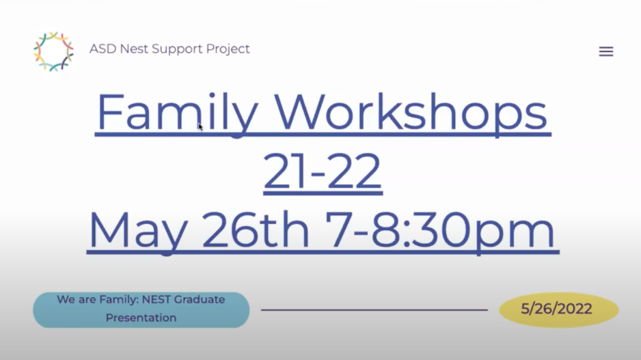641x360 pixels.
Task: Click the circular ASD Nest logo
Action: tap(53, 51)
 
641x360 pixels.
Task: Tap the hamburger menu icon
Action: tap(606, 51)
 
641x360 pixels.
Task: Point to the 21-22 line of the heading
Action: tap(323, 171)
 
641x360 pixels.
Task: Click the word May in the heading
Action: tap(139, 230)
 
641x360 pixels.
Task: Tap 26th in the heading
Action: tap(256, 229)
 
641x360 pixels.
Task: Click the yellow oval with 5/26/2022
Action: tap(558, 309)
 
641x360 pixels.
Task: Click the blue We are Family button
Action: tap(141, 309)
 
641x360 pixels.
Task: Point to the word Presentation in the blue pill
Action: tap(141, 318)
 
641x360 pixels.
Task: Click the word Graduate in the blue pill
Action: tap(200, 299)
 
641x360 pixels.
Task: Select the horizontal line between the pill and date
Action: tap(374, 309)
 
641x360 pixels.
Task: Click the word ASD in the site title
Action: tap(103, 49)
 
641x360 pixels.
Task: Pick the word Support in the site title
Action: tap(177, 49)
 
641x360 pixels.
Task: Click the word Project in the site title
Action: tap(228, 49)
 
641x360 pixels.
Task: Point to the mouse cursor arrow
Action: tap(200, 126)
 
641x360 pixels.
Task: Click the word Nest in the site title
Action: tap(134, 49)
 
